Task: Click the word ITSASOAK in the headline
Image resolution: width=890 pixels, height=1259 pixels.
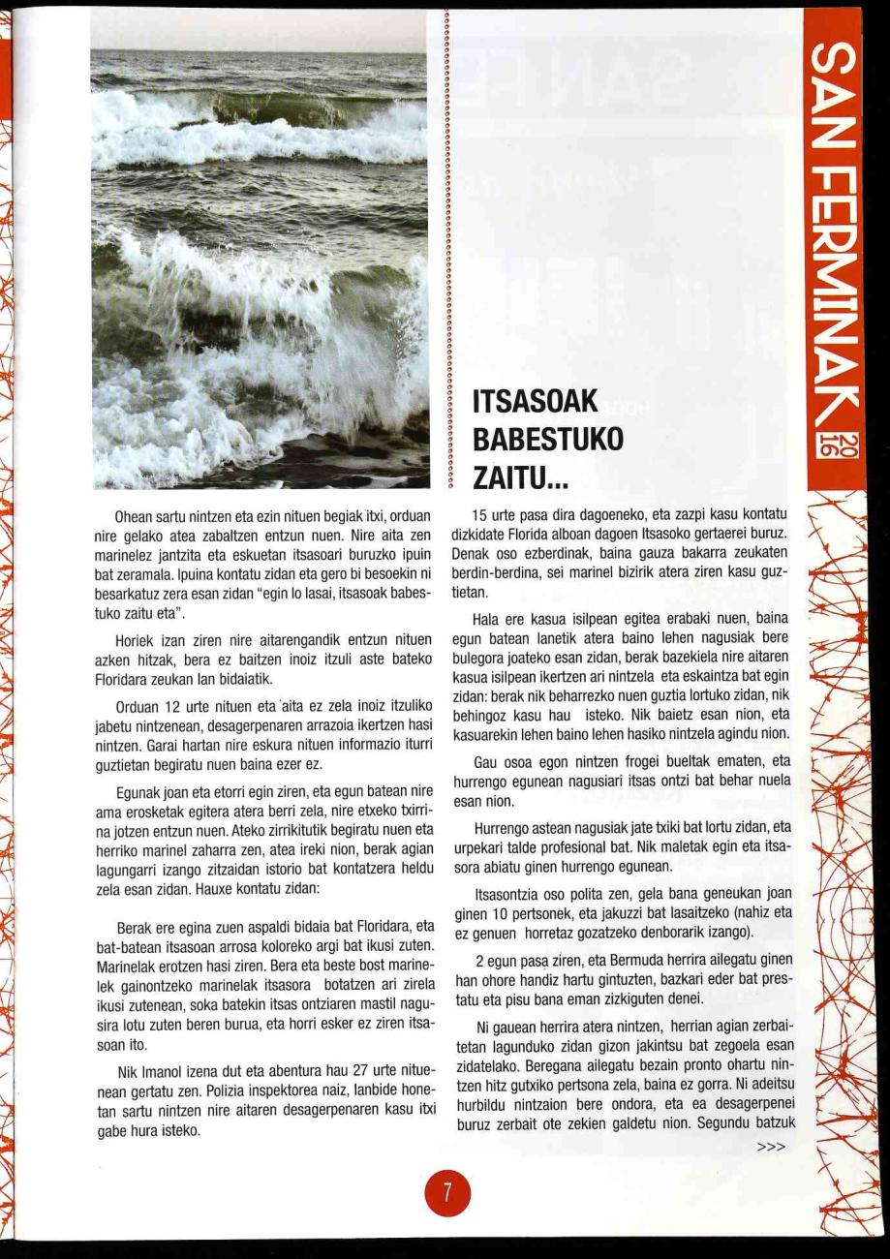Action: [537, 400]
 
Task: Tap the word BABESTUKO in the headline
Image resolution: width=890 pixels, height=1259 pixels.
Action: [548, 439]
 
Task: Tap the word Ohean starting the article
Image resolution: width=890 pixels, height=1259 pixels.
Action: [132, 517]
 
